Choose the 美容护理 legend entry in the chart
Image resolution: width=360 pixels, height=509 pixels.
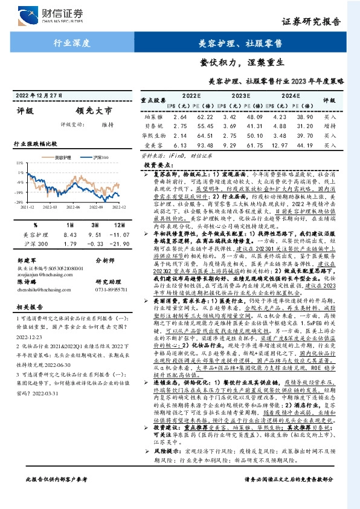coord(62,157)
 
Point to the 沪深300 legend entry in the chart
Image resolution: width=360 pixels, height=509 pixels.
coord(98,157)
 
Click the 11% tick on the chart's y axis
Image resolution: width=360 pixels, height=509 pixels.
coord(19,164)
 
